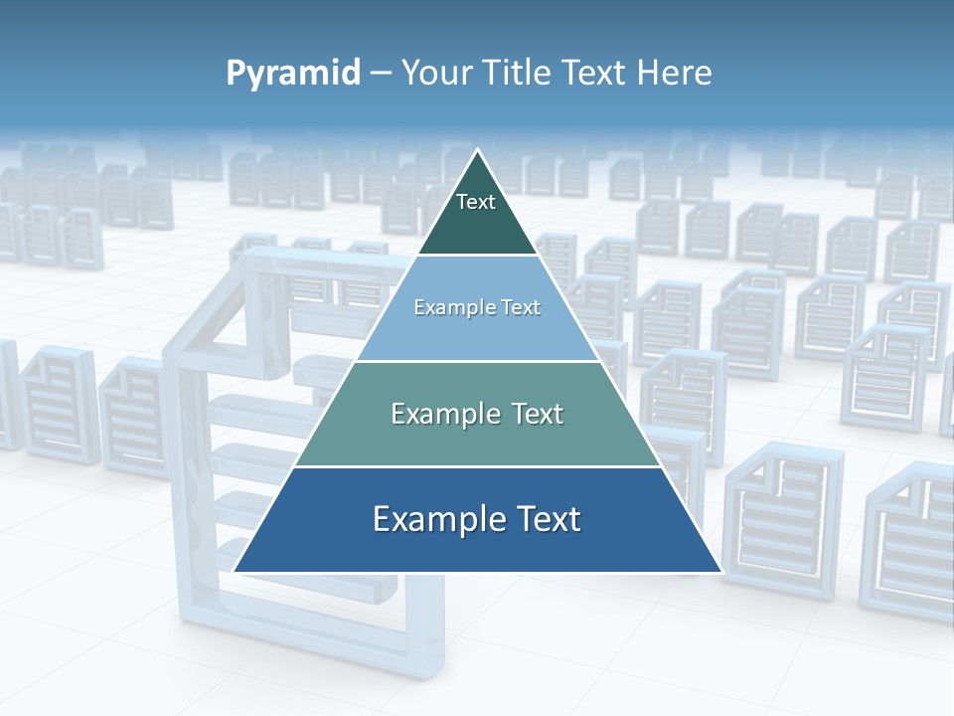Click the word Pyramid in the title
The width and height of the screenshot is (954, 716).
(x=292, y=74)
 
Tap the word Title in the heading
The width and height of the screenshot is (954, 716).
(x=521, y=74)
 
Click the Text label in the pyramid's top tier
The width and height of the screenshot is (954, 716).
(x=476, y=202)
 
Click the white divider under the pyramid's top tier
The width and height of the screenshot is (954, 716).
(x=478, y=256)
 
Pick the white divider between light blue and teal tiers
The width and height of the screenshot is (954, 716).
(x=478, y=361)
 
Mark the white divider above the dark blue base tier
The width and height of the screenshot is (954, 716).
(x=478, y=466)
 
